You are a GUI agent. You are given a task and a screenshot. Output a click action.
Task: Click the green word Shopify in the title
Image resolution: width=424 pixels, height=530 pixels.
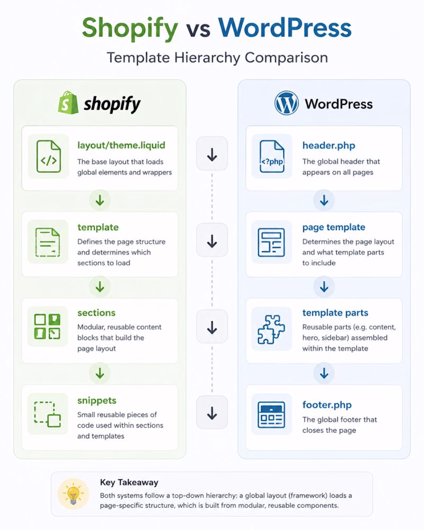130,29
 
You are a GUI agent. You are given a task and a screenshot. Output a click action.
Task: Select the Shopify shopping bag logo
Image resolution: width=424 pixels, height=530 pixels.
68,102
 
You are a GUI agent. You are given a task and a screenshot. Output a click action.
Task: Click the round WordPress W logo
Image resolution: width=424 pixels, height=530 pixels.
286,103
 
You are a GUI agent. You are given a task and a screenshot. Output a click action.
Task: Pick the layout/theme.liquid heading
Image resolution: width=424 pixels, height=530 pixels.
121,145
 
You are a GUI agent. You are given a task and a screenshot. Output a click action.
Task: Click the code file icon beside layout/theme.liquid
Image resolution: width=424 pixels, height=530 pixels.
49,156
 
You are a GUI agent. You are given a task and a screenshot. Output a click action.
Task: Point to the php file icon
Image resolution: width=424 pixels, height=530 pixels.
272,156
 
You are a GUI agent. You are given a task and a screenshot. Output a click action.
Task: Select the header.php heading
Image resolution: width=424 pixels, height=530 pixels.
329,146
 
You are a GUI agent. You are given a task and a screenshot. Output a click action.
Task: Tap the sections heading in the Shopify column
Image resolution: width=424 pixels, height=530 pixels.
96,313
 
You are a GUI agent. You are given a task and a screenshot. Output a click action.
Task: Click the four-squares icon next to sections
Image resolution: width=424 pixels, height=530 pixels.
47,326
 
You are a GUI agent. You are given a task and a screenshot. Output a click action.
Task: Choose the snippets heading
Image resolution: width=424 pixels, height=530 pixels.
97,401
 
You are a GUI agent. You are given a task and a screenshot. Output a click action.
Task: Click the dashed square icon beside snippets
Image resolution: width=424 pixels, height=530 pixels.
47,414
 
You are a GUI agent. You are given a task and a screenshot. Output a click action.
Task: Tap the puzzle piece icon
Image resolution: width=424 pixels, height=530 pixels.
272,329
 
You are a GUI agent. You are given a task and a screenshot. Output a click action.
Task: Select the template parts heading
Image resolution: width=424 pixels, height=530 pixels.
335,313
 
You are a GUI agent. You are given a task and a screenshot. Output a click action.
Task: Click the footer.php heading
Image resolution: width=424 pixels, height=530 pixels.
327,404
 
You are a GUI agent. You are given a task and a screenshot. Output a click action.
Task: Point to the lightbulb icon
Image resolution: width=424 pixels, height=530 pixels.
73,494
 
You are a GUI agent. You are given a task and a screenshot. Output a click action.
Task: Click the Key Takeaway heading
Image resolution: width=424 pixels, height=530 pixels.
129,482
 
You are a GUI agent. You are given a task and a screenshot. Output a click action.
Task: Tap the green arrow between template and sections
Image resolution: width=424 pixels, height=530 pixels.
100,287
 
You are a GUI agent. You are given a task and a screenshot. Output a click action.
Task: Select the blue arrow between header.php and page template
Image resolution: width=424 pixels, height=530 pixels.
324,200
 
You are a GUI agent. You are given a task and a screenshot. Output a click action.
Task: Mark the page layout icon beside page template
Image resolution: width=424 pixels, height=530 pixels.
272,242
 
